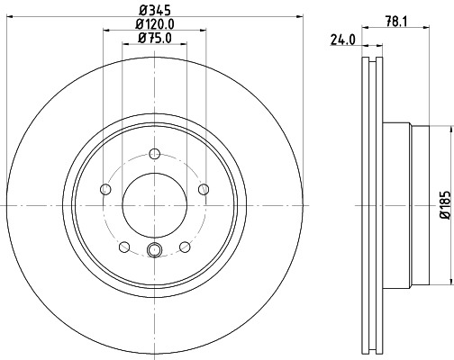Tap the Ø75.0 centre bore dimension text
(154, 38)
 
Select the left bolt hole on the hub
(104, 189)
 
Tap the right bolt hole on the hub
(204, 189)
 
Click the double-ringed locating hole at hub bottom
(154, 251)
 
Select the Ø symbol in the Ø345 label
(141, 11)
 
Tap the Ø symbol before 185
(443, 217)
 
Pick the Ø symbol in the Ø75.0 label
(142, 38)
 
